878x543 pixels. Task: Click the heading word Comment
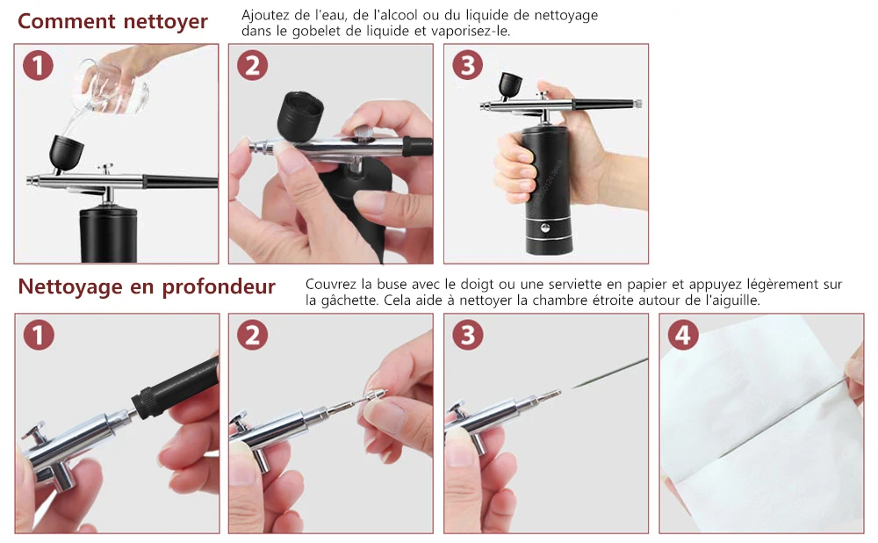click(x=67, y=21)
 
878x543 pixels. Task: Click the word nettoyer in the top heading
click(x=165, y=22)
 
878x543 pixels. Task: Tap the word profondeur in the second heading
click(x=219, y=287)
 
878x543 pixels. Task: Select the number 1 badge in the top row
click(x=38, y=66)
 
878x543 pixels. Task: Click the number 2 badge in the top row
click(x=253, y=66)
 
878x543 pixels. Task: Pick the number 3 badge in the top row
click(x=468, y=66)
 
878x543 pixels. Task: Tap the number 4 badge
click(x=683, y=335)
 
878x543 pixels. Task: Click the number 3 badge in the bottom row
click(x=468, y=335)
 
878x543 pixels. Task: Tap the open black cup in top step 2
click(x=300, y=117)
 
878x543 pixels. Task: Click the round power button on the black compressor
click(x=544, y=228)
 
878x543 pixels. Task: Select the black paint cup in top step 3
click(x=510, y=85)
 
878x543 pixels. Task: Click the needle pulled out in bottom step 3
click(x=609, y=373)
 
